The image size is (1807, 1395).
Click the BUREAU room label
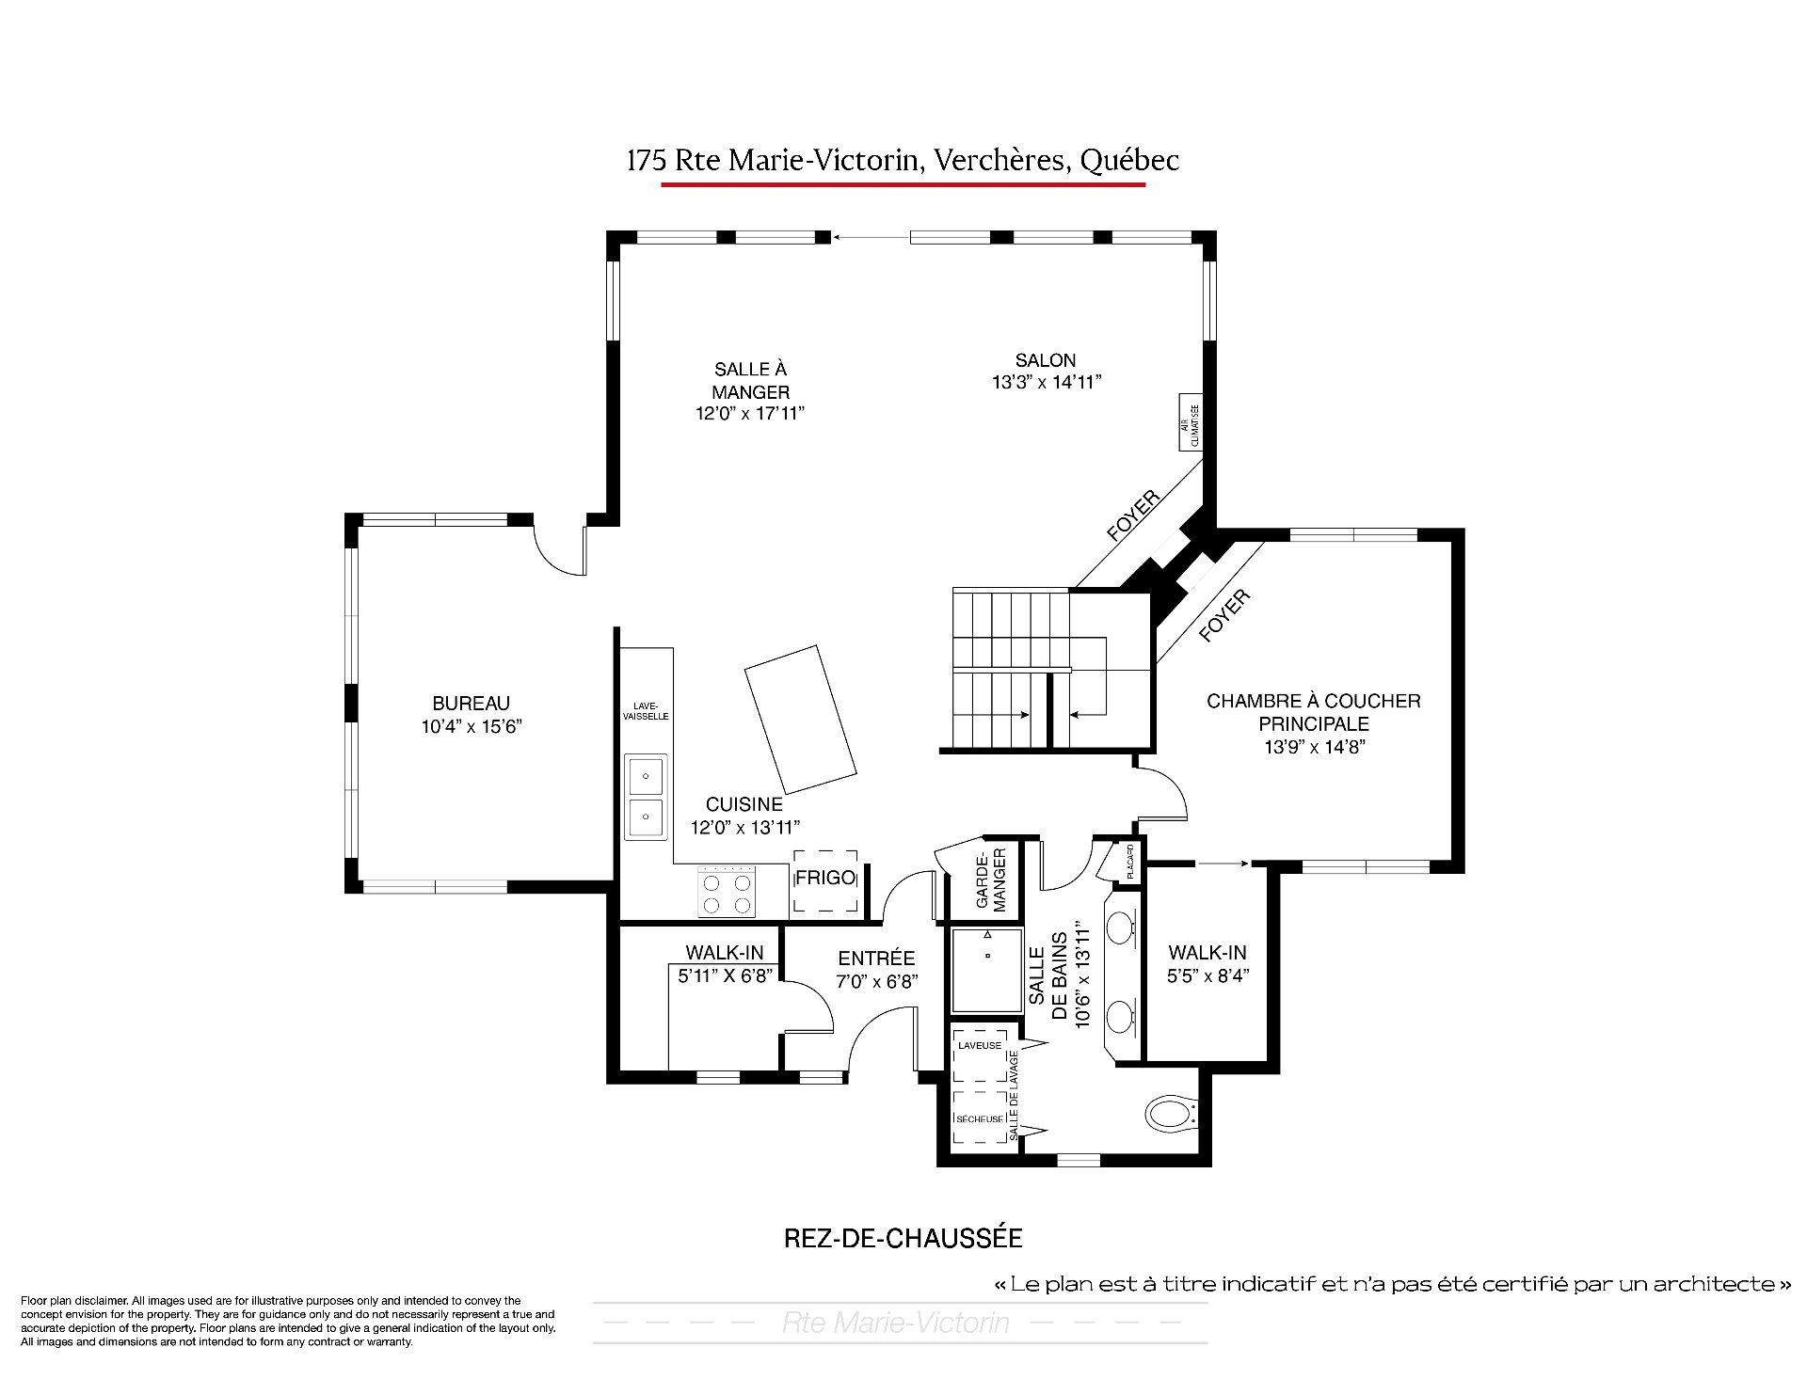(471, 703)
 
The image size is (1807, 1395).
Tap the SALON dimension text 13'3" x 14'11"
(1046, 382)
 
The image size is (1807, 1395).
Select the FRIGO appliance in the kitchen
(825, 880)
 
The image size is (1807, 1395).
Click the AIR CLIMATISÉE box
(1191, 422)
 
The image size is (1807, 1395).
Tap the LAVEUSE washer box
(980, 1055)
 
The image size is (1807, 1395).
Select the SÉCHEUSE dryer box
(980, 1118)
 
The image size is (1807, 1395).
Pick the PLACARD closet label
(1129, 861)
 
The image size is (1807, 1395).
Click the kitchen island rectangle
(800, 720)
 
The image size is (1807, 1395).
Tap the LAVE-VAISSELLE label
(646, 711)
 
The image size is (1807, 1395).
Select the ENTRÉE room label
(876, 959)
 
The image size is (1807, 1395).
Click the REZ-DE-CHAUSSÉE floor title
(903, 1238)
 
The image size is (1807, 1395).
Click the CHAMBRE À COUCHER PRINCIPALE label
(1314, 712)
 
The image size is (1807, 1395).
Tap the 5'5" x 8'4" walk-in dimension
(1207, 976)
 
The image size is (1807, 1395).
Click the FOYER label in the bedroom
(1224, 616)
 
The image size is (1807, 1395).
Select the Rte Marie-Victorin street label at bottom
(895, 1324)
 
